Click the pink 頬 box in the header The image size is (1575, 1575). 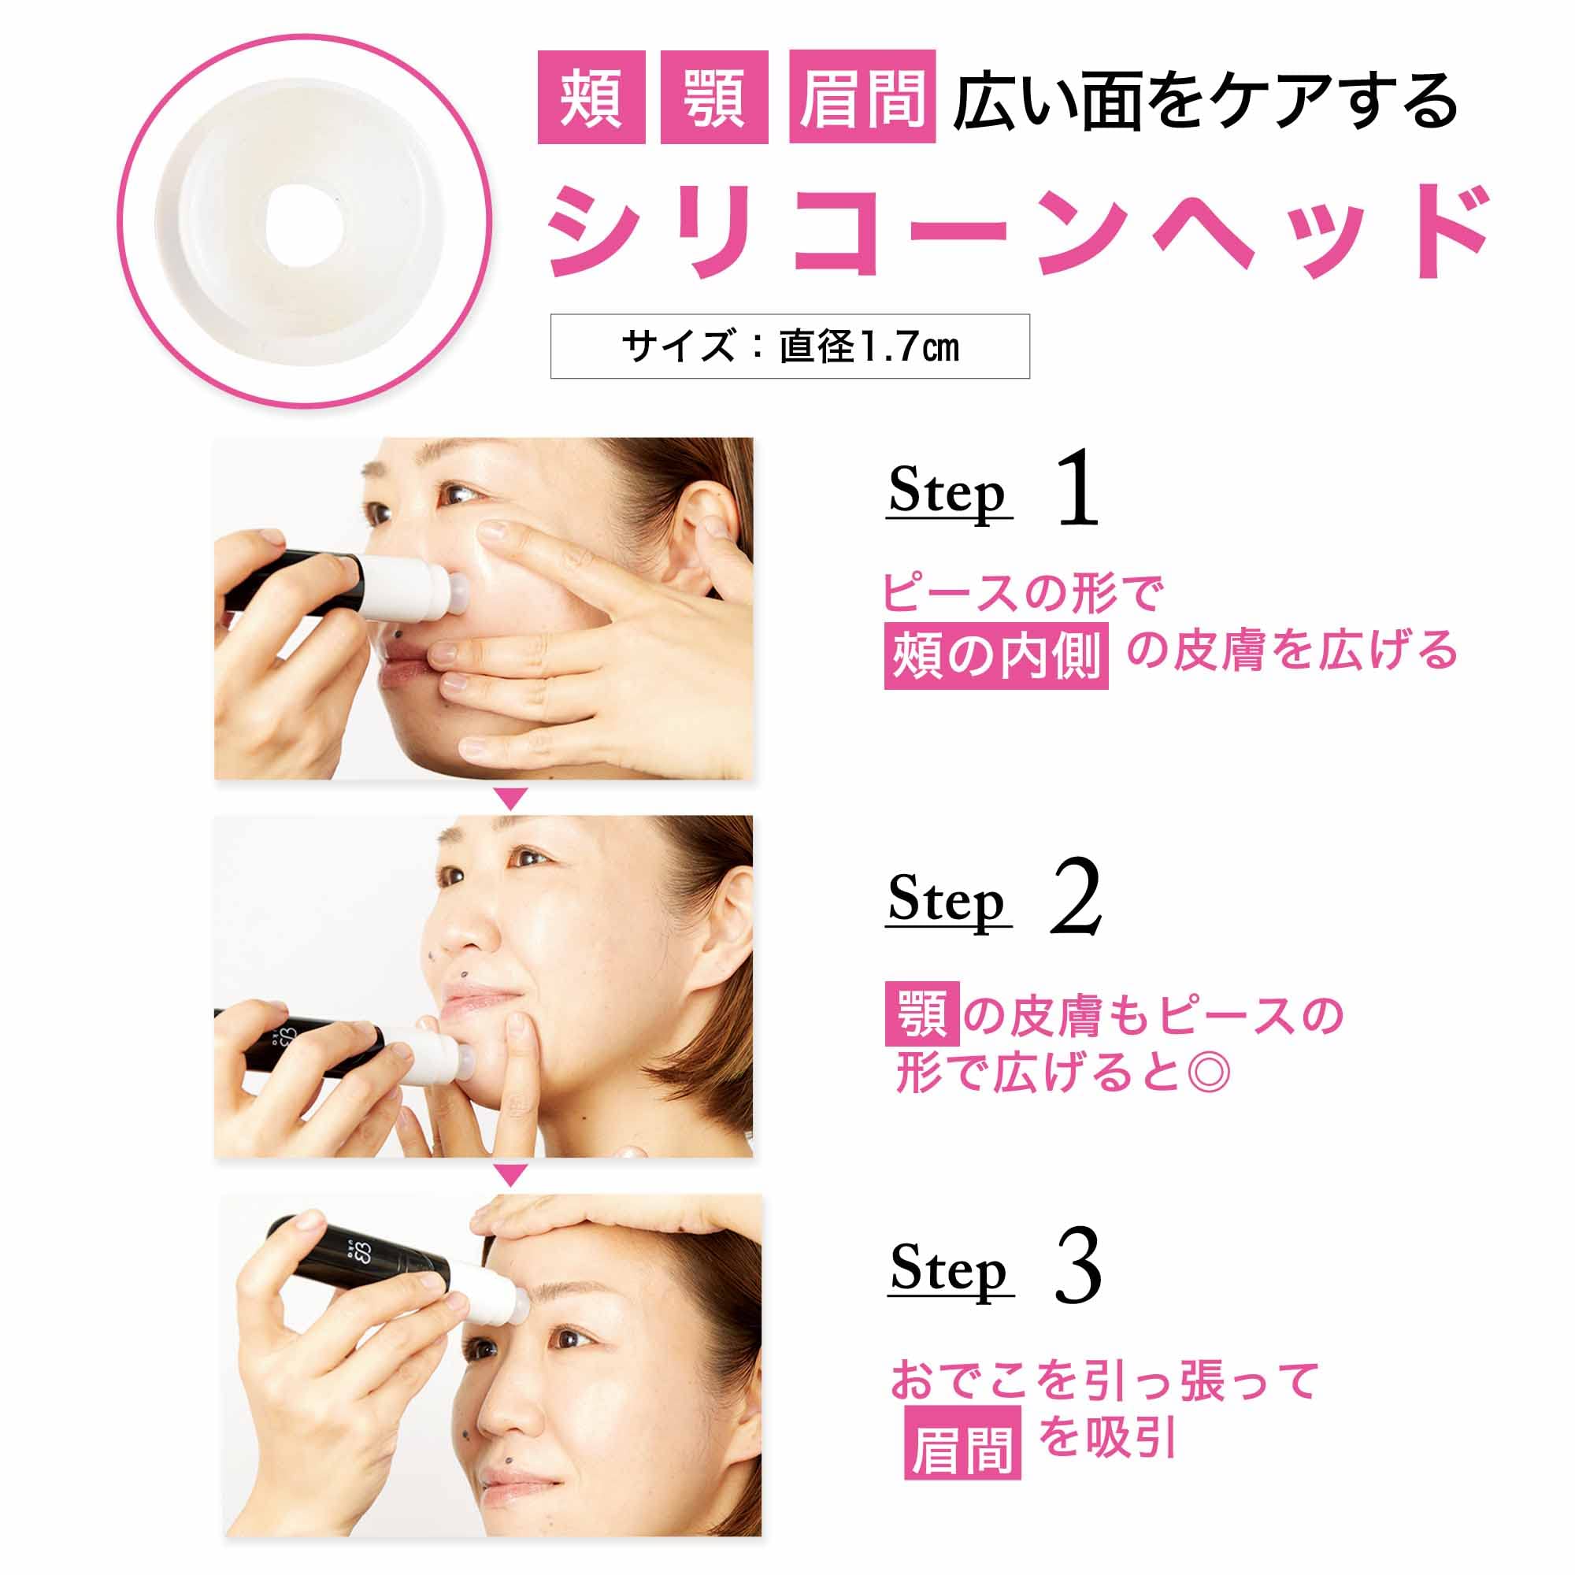point(591,97)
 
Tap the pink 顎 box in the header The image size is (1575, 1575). point(714,97)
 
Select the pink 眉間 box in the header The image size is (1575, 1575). point(862,97)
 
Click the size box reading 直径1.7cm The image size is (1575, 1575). point(789,346)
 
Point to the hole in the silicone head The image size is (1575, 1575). point(304,221)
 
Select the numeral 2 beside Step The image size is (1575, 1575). point(1076,899)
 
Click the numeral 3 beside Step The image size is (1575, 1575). point(1078,1269)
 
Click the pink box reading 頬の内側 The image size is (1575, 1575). point(995,655)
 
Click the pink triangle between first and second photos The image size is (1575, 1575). point(511,798)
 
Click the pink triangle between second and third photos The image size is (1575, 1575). point(511,1175)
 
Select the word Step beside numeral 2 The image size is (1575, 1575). point(947,900)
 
